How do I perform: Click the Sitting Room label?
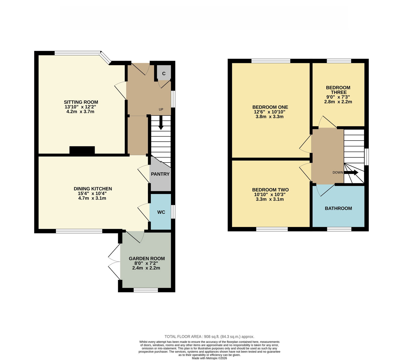pos(81,102)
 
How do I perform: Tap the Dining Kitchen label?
pos(93,189)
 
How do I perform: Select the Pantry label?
pos(160,174)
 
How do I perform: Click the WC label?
pos(161,212)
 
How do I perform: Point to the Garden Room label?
pos(147,258)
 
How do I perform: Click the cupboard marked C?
pos(164,73)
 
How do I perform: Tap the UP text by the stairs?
pos(161,109)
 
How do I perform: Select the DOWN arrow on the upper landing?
pos(351,173)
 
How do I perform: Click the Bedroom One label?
pos(270,107)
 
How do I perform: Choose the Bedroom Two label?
pos(271,190)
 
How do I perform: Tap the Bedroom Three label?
pos(338,90)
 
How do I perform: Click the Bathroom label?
pos(339,208)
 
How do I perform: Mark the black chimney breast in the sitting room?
pos(82,150)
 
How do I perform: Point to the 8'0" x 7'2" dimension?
pos(146,263)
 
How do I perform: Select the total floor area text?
pos(210,337)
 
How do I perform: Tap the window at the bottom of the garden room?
pos(146,290)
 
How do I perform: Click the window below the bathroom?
pos(339,229)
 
